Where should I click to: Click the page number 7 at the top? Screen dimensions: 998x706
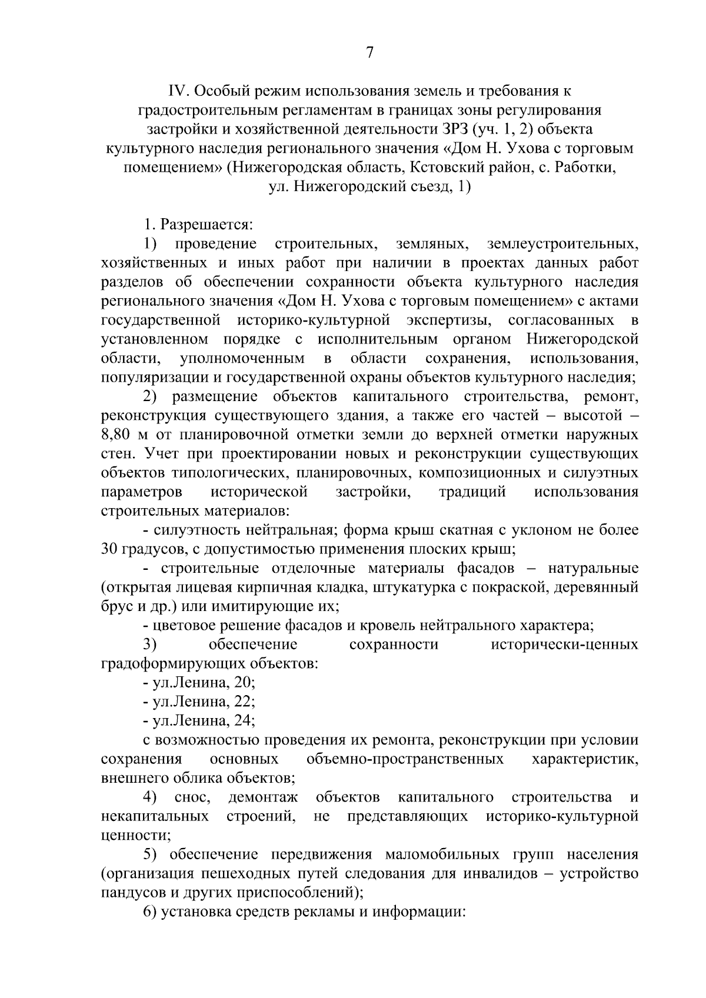369,53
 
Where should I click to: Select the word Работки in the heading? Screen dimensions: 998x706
582,168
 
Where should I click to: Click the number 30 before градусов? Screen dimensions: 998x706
109,550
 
